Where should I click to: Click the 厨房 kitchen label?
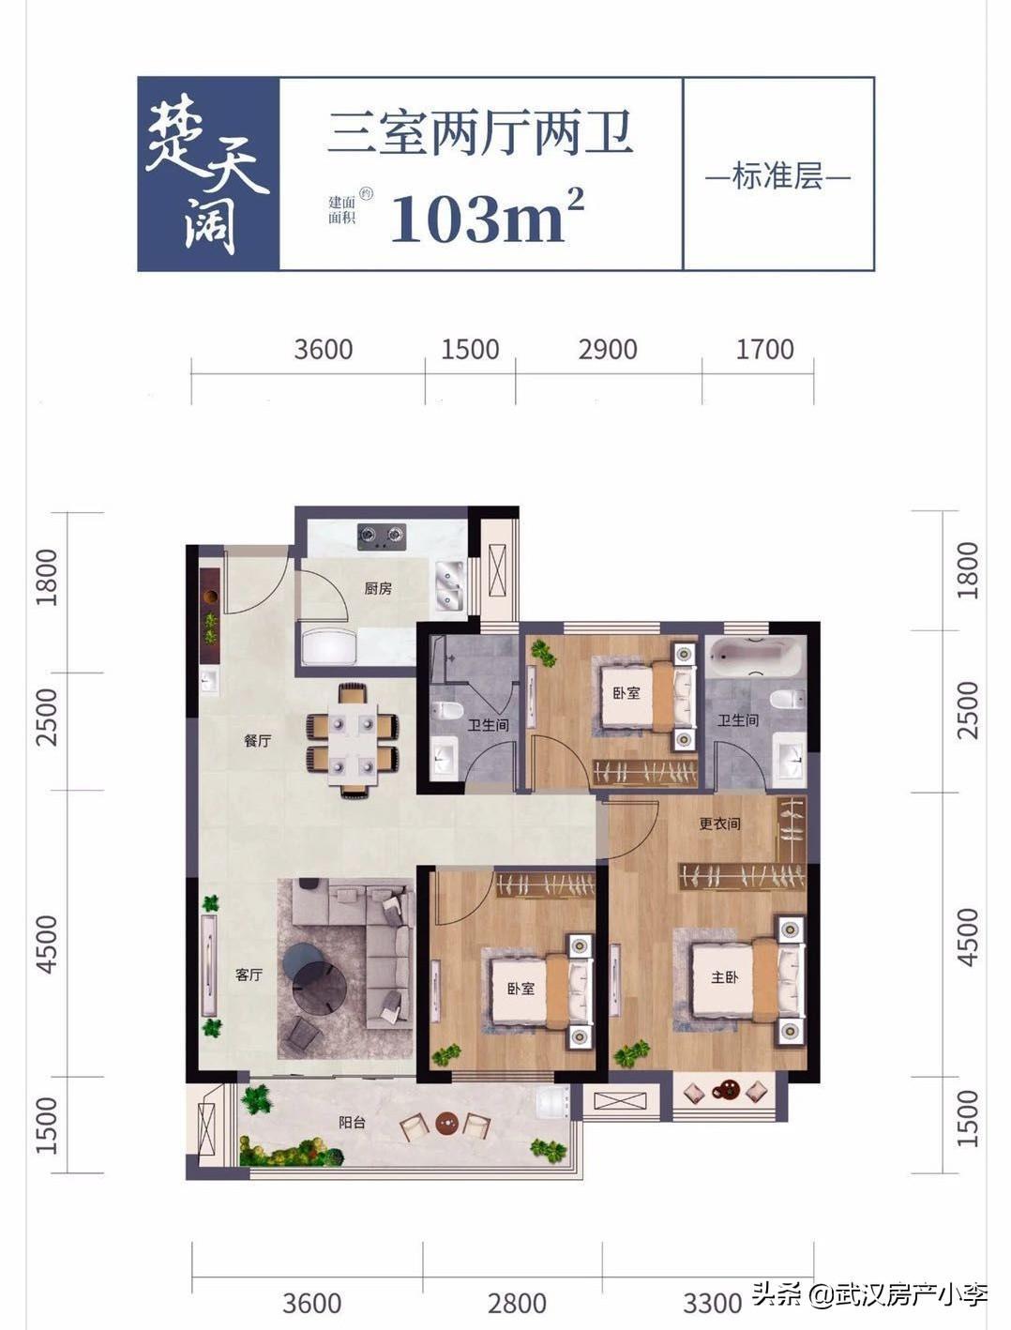[378, 588]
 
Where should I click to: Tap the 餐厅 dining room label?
[258, 740]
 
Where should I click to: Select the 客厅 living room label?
[249, 975]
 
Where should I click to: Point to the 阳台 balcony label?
[352, 1122]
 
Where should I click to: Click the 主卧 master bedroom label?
[725, 976]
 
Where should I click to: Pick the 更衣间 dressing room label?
[720, 824]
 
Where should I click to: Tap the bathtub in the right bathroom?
[755, 658]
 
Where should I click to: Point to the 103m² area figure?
[487, 216]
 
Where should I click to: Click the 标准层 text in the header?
[777, 176]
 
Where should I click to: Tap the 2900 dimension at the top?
[608, 350]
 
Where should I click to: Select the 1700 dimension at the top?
[764, 350]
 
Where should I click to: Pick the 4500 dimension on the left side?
[47, 945]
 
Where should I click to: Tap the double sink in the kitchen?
[449, 585]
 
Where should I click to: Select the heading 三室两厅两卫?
[480, 132]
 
